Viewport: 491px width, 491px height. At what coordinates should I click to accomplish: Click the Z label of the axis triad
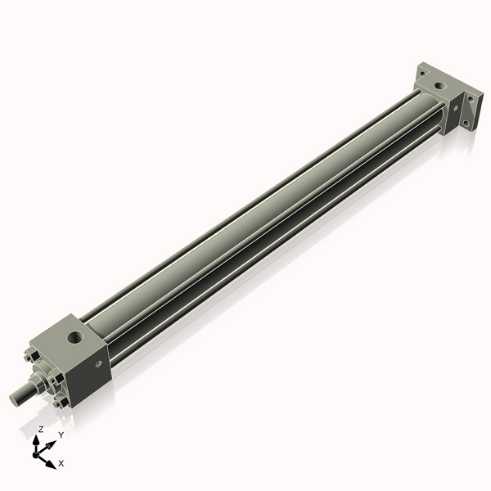(x=40, y=429)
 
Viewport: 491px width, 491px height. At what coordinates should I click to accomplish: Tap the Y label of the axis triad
(x=61, y=435)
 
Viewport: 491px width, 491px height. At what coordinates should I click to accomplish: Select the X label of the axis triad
(x=61, y=463)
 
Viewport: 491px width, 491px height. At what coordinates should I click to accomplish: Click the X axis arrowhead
(x=52, y=464)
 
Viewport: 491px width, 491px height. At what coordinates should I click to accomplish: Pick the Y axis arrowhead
(x=52, y=442)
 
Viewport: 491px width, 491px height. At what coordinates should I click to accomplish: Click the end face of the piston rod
(x=14, y=399)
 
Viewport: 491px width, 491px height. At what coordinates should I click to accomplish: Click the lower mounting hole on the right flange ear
(x=468, y=124)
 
